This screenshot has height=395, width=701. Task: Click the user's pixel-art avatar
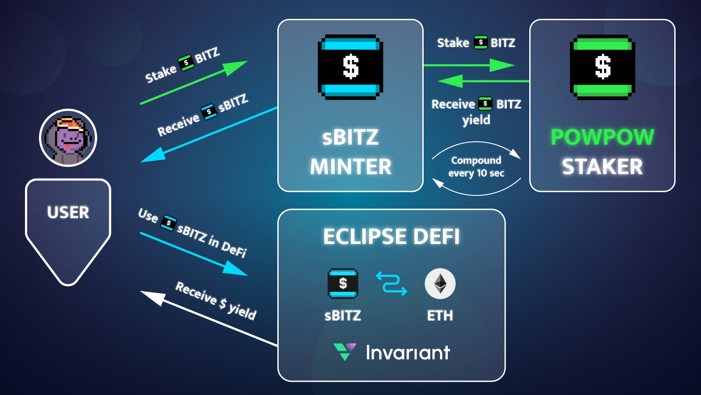(68, 138)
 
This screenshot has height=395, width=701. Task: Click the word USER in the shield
(68, 212)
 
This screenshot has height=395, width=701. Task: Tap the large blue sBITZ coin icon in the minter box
(350, 67)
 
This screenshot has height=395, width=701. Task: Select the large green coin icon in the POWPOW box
(602, 67)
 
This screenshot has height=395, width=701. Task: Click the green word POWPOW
(602, 137)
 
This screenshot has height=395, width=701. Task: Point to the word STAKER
(602, 167)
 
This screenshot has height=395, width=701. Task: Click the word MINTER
(350, 167)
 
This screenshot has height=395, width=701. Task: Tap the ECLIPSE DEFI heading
(391, 237)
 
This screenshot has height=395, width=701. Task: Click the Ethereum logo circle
(440, 284)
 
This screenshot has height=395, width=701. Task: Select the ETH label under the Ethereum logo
(440, 316)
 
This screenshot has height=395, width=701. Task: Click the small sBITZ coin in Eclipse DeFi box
(343, 284)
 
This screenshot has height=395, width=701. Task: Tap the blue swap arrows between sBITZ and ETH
(391, 284)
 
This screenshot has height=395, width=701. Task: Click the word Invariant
(407, 352)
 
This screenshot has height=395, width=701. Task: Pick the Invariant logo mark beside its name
(344, 351)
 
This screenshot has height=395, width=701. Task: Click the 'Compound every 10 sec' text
(476, 167)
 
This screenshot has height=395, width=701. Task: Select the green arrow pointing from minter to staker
(469, 65)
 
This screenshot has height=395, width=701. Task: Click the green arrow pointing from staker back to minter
(482, 81)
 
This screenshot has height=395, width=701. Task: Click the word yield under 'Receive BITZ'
(476, 120)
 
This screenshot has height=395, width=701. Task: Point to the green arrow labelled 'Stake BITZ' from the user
(193, 83)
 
